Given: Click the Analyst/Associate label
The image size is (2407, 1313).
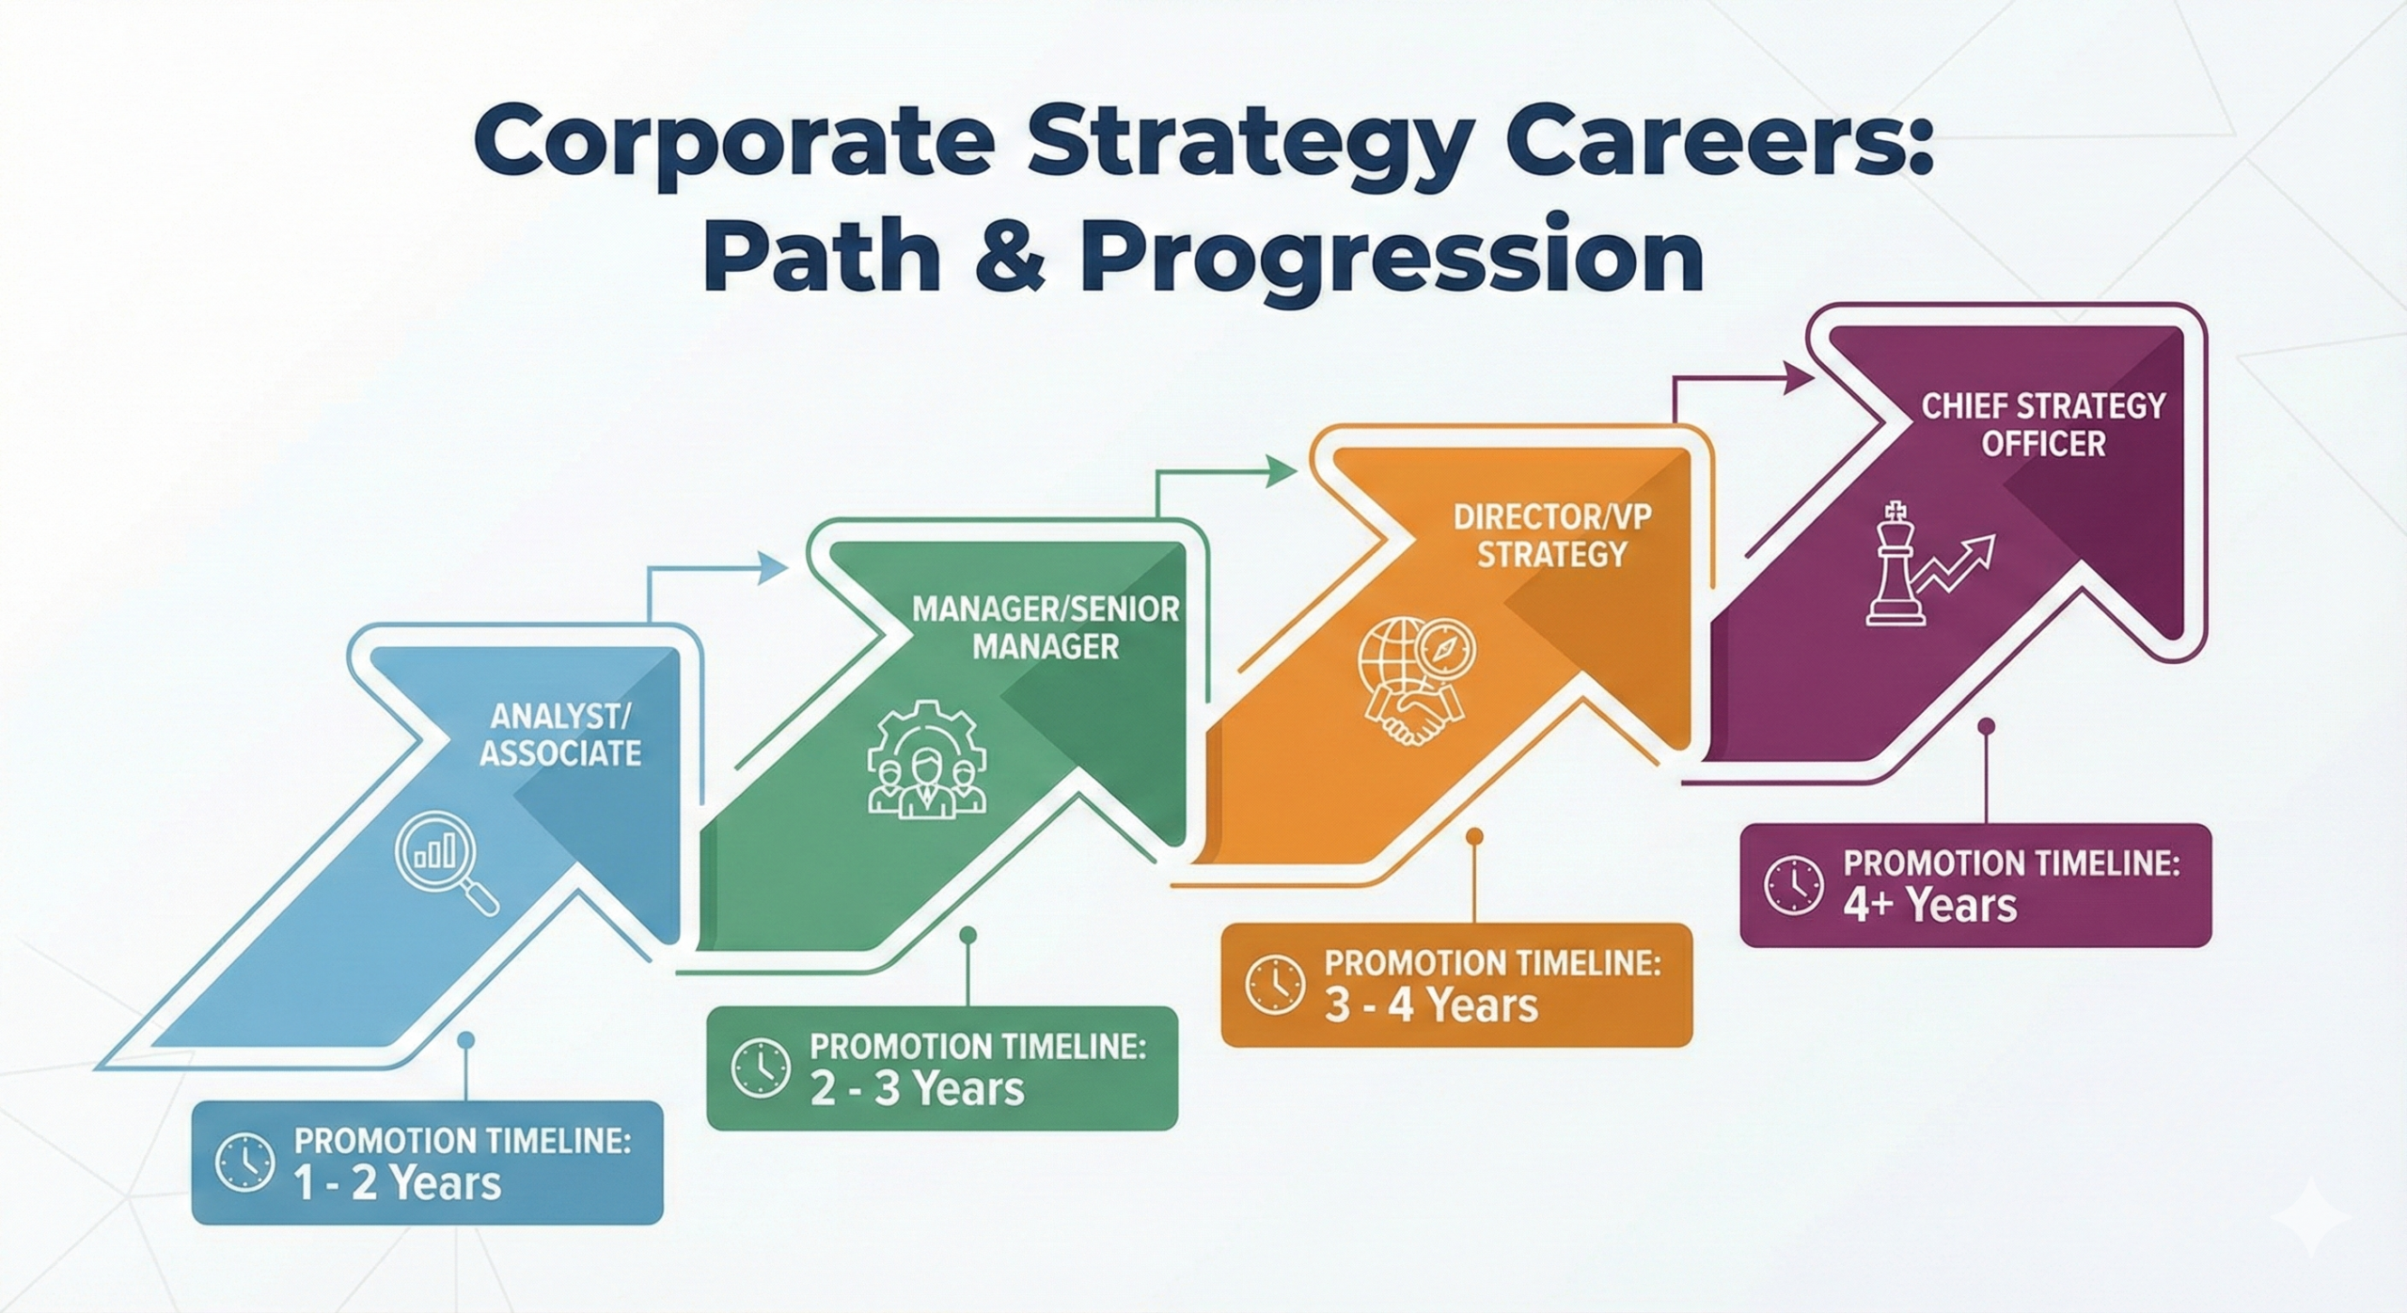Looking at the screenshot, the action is [x=560, y=735].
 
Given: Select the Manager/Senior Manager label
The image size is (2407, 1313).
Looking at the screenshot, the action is [x=1046, y=627].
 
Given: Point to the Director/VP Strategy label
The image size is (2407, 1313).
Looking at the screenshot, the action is [x=1552, y=535].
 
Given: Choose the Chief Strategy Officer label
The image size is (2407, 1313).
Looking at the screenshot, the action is [x=2043, y=424].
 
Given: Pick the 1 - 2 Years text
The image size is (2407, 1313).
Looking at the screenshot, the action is [x=397, y=1182].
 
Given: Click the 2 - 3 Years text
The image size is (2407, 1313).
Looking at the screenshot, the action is [x=917, y=1089].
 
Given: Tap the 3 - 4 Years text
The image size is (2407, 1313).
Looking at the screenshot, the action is [x=1431, y=1005].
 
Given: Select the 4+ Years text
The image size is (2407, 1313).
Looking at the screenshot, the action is [x=1930, y=905].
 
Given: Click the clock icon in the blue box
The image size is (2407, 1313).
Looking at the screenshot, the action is [x=244, y=1164].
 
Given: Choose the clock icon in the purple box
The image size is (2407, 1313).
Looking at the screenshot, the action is [x=1793, y=886].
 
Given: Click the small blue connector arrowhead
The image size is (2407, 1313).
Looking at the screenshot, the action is [x=773, y=567].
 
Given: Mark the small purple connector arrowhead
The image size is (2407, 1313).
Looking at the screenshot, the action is [x=1799, y=379].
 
